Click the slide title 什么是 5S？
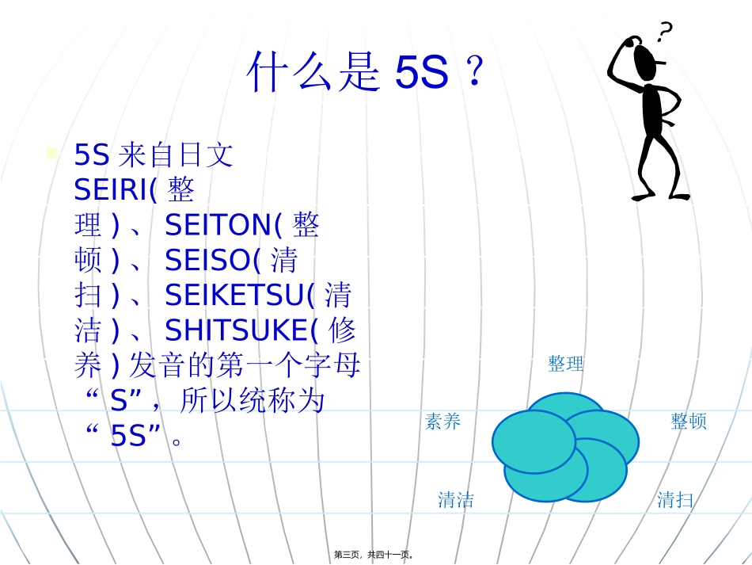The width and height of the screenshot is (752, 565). [365, 74]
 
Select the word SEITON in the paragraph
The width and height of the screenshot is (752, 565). [218, 226]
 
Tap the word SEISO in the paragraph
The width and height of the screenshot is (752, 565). [207, 261]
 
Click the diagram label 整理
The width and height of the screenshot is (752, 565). [566, 364]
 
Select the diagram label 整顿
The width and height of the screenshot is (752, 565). [689, 422]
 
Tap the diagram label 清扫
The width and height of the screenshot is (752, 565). [675, 500]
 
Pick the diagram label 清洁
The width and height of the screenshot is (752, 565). [456, 500]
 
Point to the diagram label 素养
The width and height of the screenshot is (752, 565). [443, 422]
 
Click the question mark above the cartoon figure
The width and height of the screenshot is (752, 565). [665, 31]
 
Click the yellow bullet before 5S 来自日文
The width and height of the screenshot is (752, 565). [51, 152]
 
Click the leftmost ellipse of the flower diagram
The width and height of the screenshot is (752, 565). [534, 441]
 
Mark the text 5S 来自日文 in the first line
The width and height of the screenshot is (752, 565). [154, 155]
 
